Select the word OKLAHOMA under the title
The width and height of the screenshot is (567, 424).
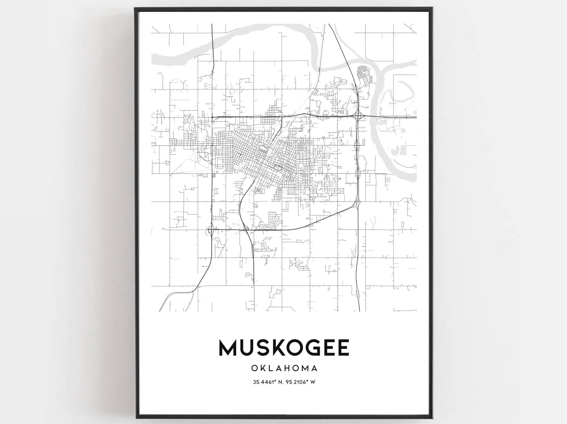click(x=284, y=368)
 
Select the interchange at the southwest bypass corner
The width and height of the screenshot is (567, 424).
click(x=211, y=230)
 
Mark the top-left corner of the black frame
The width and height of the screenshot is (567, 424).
click(x=135, y=9)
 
